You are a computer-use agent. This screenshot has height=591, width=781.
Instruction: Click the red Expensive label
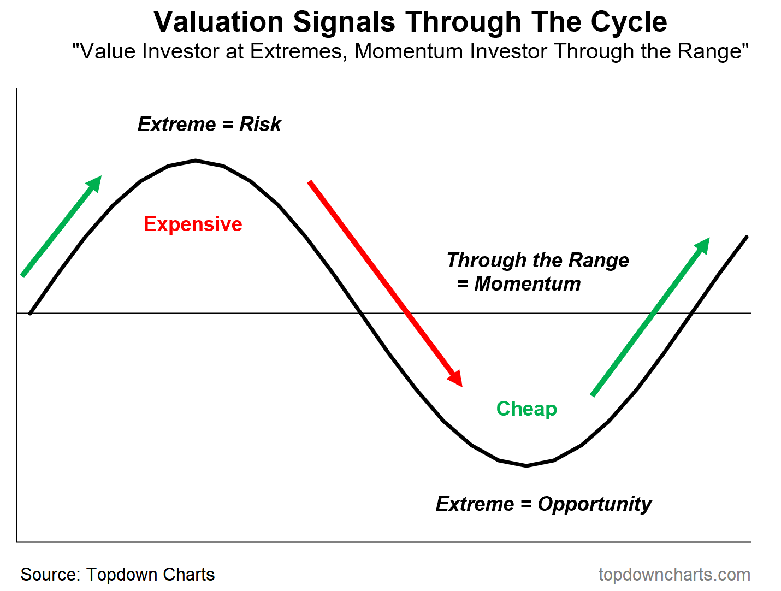click(193, 224)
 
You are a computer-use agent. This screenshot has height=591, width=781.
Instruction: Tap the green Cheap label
click(526, 409)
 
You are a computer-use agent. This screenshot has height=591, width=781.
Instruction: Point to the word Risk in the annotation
click(260, 125)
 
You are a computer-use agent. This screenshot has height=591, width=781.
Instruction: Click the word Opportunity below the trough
click(594, 504)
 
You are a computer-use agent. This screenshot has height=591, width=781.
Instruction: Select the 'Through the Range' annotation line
click(537, 260)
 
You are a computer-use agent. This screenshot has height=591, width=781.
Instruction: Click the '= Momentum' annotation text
click(519, 284)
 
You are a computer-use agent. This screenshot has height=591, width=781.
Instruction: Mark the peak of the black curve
click(196, 161)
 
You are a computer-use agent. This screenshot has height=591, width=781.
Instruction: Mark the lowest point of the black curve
click(526, 465)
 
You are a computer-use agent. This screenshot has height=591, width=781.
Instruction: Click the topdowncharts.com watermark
click(674, 575)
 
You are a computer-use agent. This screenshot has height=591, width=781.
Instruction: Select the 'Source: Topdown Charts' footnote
click(117, 575)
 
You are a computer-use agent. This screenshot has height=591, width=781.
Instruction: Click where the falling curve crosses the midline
click(360, 313)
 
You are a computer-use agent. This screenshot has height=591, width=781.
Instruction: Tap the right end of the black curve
click(746, 237)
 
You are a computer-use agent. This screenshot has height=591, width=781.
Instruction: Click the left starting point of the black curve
click(31, 313)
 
